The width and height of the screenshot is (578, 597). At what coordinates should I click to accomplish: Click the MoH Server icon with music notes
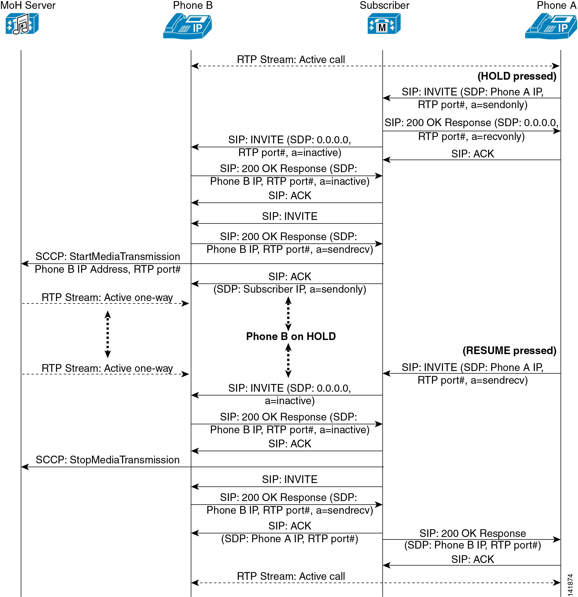tap(22, 24)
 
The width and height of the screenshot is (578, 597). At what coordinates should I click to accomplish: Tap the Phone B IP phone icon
tap(187, 27)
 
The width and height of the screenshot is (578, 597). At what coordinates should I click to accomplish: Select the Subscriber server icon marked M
tap(384, 24)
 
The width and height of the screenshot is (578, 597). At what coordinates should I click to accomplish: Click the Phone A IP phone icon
tap(551, 27)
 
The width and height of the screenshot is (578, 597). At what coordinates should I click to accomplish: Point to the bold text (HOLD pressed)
tap(517, 76)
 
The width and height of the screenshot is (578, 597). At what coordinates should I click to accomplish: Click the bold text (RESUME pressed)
tap(509, 351)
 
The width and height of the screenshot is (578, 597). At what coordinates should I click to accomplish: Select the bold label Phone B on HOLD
tap(291, 336)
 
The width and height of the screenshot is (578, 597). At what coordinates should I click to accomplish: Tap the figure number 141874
tap(570, 585)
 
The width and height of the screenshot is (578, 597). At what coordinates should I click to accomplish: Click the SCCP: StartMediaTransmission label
tap(108, 256)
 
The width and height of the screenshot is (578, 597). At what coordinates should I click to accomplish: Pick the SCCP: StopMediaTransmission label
tap(108, 460)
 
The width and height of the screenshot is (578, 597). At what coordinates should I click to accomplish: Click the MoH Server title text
tap(28, 6)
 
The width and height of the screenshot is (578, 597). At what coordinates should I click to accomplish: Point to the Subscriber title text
tap(385, 6)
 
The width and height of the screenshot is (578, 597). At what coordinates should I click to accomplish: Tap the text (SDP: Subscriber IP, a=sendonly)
tap(290, 289)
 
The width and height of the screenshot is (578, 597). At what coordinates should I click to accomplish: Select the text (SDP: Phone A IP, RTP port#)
tap(290, 539)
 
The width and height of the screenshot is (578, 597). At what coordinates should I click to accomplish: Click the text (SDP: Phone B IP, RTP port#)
tap(473, 545)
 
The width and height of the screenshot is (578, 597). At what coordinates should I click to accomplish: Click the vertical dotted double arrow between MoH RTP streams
tap(108, 334)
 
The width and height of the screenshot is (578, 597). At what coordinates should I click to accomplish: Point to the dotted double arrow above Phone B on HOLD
tap(288, 314)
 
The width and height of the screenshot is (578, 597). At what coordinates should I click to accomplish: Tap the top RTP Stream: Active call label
tap(291, 59)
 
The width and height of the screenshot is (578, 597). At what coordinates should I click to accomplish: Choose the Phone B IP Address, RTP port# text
tap(108, 269)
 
